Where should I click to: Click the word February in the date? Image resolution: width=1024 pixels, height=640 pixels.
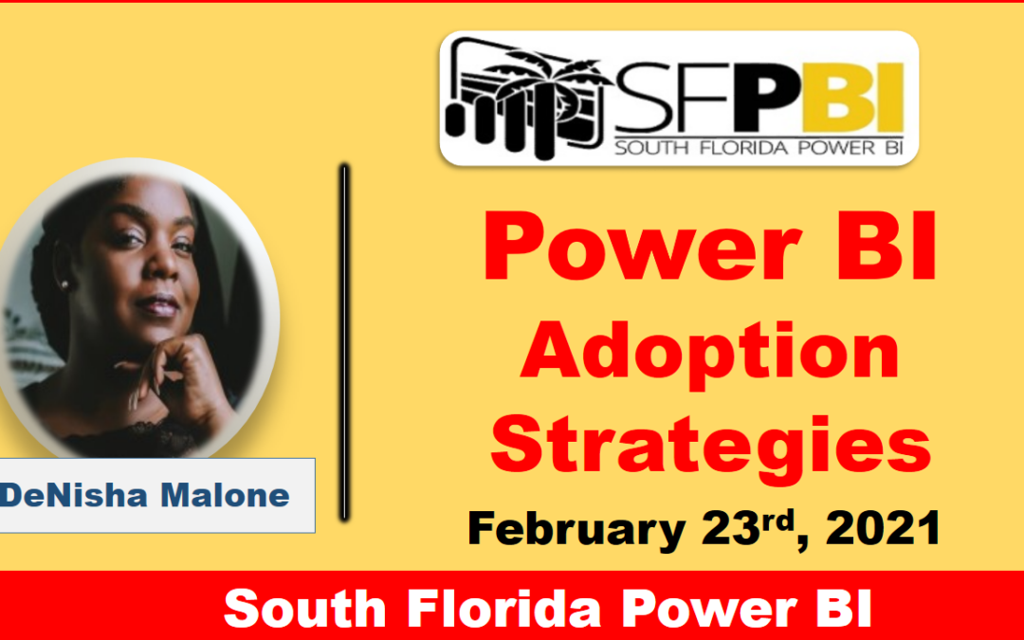(x=576, y=530)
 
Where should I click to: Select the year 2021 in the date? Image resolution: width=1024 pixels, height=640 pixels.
(x=883, y=528)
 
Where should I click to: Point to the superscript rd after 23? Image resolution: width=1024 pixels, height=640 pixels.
(x=779, y=521)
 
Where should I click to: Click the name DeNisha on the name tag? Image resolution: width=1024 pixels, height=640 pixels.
(x=74, y=495)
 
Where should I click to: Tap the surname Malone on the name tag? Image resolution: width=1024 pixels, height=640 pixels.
(x=225, y=495)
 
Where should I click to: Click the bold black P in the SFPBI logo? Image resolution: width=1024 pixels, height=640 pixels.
(x=764, y=98)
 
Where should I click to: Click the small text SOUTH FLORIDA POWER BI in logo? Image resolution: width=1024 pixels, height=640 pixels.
(x=759, y=148)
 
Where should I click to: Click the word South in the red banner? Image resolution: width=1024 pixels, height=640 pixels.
(x=305, y=609)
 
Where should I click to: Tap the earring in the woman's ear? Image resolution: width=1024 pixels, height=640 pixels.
(x=64, y=284)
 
